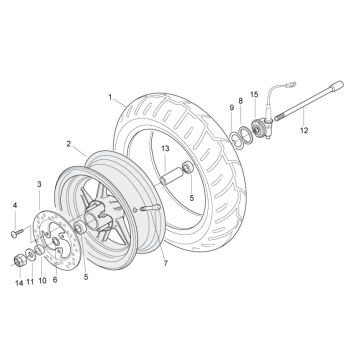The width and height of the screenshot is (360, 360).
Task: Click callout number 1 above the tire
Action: click(110, 98)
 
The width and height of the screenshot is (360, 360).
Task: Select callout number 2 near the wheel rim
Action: click(69, 144)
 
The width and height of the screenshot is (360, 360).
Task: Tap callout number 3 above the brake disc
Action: click(38, 185)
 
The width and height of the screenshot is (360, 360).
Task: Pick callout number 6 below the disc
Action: click(54, 283)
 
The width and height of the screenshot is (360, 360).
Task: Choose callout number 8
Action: click(240, 101)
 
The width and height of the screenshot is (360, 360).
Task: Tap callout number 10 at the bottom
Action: click(42, 283)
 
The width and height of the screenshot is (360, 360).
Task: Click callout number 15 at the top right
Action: click(256, 96)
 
